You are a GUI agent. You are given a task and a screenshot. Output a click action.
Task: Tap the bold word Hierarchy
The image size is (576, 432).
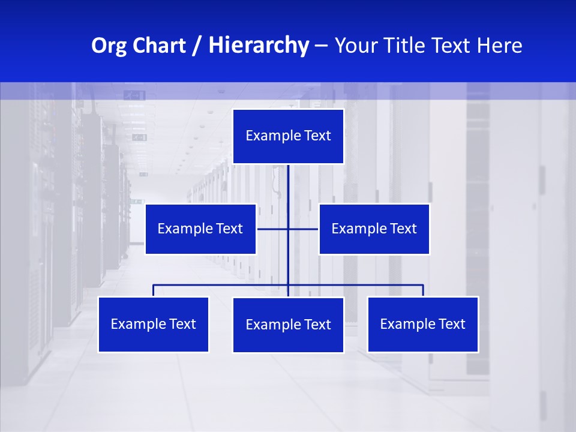[x=258, y=46]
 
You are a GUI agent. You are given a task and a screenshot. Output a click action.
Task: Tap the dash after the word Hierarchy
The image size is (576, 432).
[x=321, y=46]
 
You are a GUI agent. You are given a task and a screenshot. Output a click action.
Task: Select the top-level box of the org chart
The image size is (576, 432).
[x=288, y=136]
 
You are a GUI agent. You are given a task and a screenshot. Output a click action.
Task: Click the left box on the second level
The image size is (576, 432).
[x=200, y=229]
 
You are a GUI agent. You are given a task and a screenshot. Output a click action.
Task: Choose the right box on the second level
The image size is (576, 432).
[x=374, y=229]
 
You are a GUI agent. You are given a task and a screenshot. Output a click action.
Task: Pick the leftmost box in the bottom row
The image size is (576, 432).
[x=153, y=324]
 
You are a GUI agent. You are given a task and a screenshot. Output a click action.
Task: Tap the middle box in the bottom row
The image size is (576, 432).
[x=288, y=325]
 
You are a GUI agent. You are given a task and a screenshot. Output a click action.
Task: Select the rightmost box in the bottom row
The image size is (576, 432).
[x=422, y=324]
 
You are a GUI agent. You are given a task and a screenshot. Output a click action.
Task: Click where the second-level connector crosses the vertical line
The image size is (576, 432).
[x=288, y=229]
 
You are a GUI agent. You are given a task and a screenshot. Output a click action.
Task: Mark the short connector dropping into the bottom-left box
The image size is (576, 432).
[x=153, y=290]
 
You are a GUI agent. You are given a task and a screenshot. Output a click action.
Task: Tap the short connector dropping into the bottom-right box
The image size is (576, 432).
[x=423, y=290]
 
